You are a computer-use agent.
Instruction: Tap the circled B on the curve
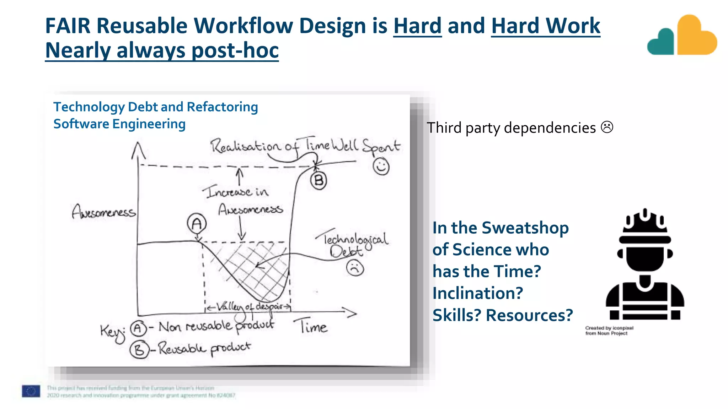[x=318, y=181]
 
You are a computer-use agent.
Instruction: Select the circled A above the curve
[x=197, y=223]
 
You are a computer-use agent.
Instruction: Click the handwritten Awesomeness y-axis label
[x=103, y=212]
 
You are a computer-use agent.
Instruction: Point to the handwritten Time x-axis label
[x=310, y=326]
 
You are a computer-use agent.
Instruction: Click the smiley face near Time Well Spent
[x=381, y=167]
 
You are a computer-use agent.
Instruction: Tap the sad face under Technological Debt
[x=355, y=268]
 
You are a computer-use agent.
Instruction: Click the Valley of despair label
[x=249, y=306]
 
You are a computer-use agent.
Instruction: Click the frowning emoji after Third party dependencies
[x=607, y=127]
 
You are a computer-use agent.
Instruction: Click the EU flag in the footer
[x=31, y=391]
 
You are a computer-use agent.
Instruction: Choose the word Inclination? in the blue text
[x=477, y=293]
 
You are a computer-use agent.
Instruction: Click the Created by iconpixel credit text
[x=609, y=331]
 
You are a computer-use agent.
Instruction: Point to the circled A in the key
[x=138, y=328]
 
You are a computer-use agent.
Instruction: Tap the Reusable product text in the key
[x=204, y=348]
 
